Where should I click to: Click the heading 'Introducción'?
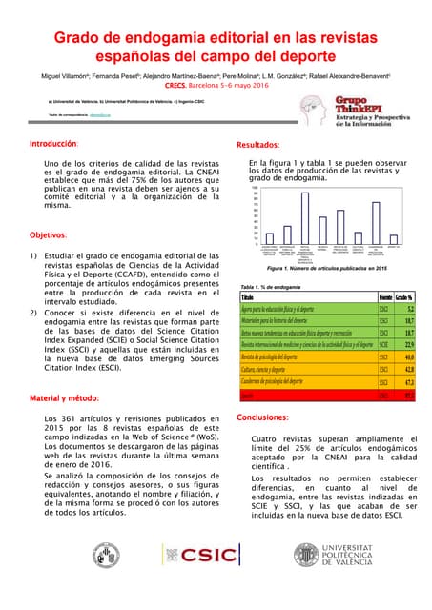point(53,144)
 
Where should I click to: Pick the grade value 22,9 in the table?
point(408,343)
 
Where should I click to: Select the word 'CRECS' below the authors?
point(175,85)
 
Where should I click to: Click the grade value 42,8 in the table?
point(408,368)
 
